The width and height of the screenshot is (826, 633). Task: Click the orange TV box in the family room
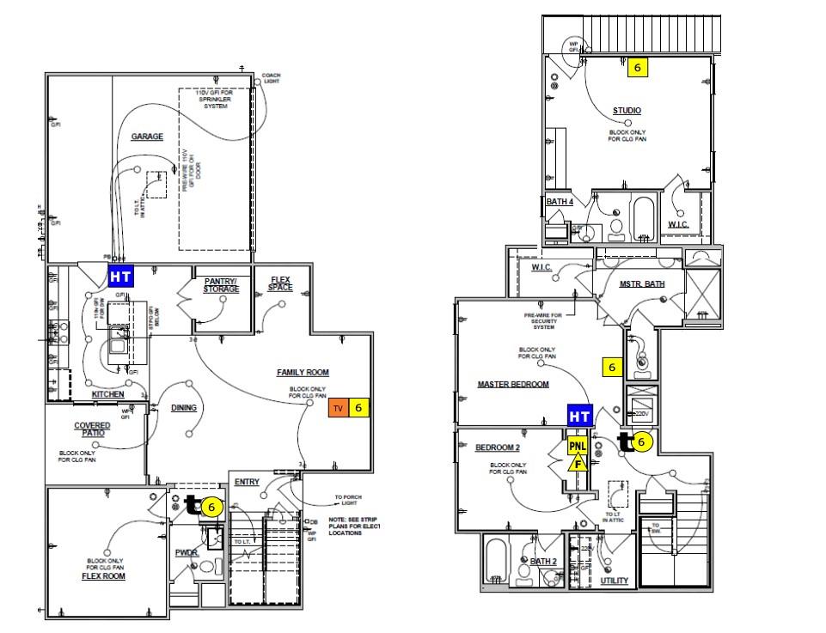point(338,409)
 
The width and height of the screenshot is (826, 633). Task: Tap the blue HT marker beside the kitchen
point(120,277)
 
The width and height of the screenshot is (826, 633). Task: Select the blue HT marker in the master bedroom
point(580,417)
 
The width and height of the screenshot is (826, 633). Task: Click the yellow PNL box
point(578,447)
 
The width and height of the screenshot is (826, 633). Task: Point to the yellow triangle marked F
point(578,464)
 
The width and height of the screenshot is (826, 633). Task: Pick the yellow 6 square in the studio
point(637,67)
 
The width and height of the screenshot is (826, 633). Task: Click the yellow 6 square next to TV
point(358,409)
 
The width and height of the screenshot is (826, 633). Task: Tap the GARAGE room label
point(147,137)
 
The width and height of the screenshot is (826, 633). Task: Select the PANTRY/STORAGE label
point(221,285)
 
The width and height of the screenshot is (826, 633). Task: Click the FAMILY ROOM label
point(303,372)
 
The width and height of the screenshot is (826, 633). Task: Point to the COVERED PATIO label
point(92,429)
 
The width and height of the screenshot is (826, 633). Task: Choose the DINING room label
point(184,408)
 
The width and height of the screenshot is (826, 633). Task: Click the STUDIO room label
point(627,111)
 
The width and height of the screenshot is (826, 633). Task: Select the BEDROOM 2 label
point(498,447)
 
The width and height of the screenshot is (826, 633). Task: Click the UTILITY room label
point(614,581)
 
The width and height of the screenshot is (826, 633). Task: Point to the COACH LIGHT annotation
point(271,78)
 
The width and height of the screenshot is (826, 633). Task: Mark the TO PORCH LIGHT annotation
point(350,500)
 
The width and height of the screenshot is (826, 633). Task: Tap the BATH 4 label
point(560,202)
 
